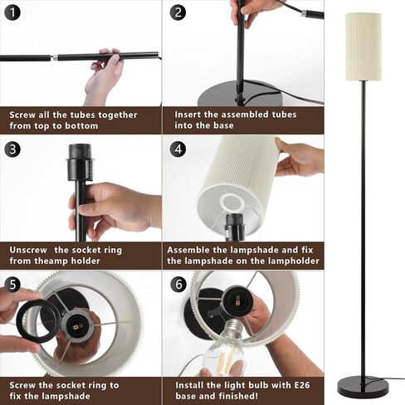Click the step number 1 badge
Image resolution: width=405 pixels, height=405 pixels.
click(12, 12)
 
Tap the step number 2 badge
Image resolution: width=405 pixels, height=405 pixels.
click(178, 12)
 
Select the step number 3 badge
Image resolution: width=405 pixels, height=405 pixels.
click(12, 149)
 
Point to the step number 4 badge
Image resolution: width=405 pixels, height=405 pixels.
click(178, 149)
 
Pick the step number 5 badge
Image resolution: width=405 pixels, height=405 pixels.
click(12, 285)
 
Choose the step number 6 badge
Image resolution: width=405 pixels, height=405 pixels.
click(178, 284)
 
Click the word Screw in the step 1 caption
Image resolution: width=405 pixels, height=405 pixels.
click(22, 115)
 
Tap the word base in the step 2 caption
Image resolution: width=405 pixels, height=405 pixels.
click(223, 125)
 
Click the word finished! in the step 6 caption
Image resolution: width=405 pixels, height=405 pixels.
click(237, 396)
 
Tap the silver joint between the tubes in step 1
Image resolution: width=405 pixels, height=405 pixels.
click(55, 58)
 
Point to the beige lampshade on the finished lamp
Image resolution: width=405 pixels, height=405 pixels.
click(364, 46)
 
